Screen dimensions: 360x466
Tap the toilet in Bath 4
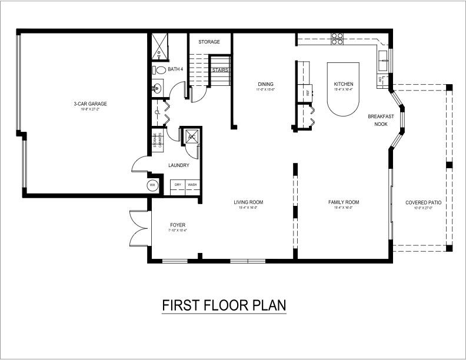point(159,70)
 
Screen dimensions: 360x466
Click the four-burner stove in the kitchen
point(337,39)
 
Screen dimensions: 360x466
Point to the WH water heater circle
point(152,185)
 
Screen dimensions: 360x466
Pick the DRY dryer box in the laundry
point(177,185)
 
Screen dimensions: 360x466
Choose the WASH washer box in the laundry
point(192,185)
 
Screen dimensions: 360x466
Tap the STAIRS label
point(221,70)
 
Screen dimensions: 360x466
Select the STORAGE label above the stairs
point(209,42)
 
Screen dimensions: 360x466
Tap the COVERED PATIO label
point(423,202)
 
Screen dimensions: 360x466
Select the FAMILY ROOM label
point(344,202)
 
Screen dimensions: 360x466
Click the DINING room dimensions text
point(265,90)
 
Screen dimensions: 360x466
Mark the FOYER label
point(178,225)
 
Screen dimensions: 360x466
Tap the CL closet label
point(157,112)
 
